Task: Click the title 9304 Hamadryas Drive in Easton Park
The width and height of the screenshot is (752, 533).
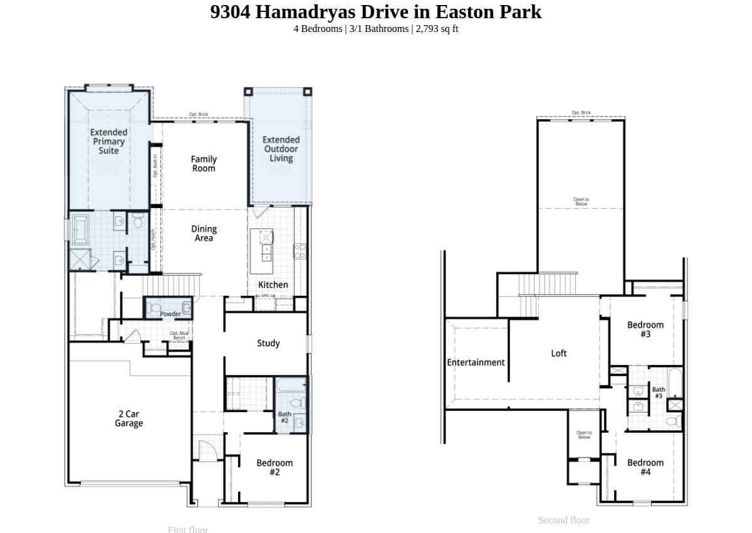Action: (x=375, y=12)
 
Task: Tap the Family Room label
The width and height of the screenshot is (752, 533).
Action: (x=204, y=164)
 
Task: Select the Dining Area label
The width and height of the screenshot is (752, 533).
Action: (x=204, y=233)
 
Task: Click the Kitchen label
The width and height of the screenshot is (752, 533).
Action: (x=273, y=285)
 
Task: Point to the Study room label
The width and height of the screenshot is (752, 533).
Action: (x=268, y=343)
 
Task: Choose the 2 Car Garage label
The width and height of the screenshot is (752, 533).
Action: (x=128, y=418)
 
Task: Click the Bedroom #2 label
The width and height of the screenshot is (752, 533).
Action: (x=274, y=467)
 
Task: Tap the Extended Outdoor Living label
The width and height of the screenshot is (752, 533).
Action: (x=281, y=149)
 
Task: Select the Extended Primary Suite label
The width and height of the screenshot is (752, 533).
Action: (x=108, y=141)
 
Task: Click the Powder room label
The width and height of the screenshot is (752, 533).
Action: (x=170, y=314)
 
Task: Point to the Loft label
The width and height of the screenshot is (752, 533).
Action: (x=559, y=353)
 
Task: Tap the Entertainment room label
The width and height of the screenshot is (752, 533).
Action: (x=476, y=362)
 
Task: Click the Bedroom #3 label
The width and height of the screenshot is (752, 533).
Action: (x=645, y=329)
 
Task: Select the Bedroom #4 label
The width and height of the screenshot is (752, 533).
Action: (x=645, y=467)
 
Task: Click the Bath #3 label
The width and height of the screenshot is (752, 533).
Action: (x=659, y=393)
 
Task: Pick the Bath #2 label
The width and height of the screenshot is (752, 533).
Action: (x=285, y=417)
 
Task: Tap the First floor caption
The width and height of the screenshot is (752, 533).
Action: (x=188, y=529)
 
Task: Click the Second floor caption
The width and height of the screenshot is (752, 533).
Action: (x=564, y=520)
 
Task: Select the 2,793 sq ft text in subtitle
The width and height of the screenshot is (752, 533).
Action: (x=437, y=29)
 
